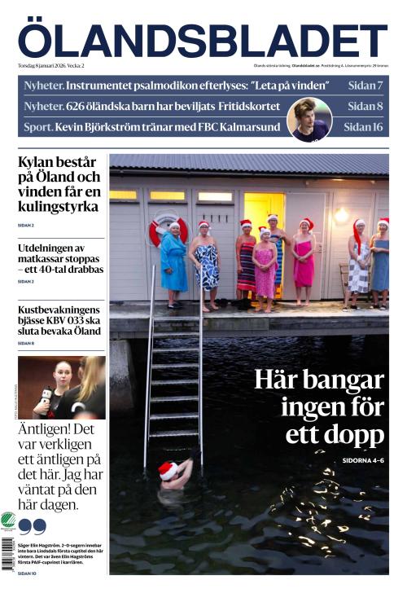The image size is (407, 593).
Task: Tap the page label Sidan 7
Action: pos(365,86)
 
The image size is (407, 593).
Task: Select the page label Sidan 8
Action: pos(365,106)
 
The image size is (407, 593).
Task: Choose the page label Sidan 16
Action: pos(362,127)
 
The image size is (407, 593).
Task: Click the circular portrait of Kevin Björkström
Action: pos(309,120)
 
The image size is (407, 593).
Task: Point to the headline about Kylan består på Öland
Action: pos(60,184)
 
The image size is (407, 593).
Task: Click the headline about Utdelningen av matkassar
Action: pos(60,257)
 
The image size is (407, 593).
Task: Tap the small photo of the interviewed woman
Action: pos(62,387)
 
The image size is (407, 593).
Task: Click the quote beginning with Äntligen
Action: pos(60,466)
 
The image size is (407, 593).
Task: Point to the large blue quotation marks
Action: pos(32,525)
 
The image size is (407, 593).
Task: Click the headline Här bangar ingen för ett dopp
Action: pos(319,406)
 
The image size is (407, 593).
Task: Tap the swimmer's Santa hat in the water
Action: pos(168,470)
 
